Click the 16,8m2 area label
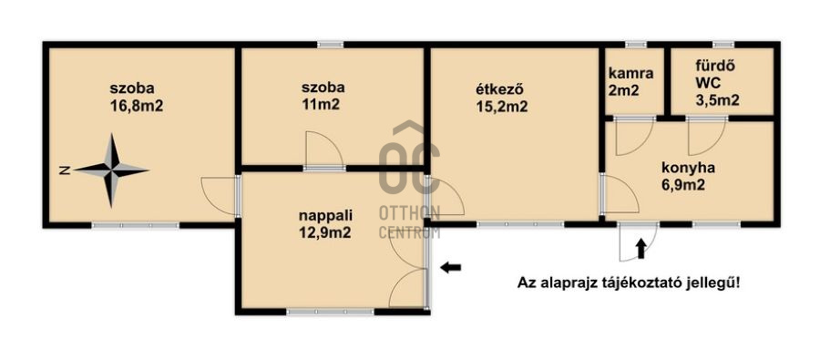(x=136, y=107)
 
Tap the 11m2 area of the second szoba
(x=321, y=104)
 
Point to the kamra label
(x=630, y=73)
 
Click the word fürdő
(x=709, y=66)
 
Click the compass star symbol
(x=112, y=170)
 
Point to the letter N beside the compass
(x=65, y=170)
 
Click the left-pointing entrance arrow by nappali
(x=450, y=268)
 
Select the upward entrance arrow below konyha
(x=641, y=249)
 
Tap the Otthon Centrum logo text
(x=409, y=221)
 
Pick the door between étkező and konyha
(x=620, y=194)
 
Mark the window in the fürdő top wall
(x=723, y=45)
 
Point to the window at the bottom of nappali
(x=331, y=312)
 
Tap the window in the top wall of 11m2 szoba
(x=331, y=45)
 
